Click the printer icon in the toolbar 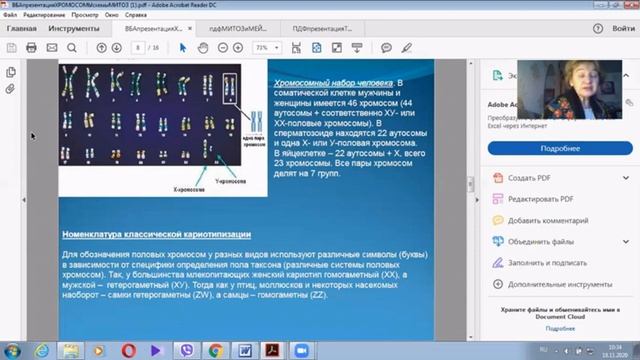click(31, 47)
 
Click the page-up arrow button click(102, 47)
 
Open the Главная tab click(22, 30)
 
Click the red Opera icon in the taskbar click(128, 349)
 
